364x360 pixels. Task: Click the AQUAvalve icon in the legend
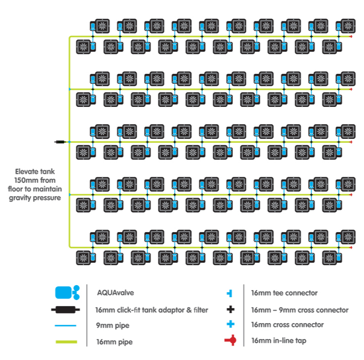click(x=67, y=293)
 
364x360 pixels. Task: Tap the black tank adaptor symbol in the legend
click(x=65, y=310)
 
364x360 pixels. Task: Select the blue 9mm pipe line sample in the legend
click(x=65, y=326)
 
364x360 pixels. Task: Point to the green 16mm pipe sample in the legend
click(x=66, y=342)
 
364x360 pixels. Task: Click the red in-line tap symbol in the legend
click(x=230, y=341)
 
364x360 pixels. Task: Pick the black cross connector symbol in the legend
click(x=230, y=310)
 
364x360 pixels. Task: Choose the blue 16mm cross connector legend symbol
click(x=230, y=324)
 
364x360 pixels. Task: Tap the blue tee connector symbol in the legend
click(x=229, y=293)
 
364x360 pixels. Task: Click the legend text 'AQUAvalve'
click(x=115, y=293)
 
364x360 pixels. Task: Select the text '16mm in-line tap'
click(x=279, y=341)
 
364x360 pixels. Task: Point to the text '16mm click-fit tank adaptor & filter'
click(x=152, y=310)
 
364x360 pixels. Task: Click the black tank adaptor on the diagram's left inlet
click(x=60, y=142)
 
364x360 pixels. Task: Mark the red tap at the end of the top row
click(x=351, y=36)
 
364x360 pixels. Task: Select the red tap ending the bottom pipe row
click(x=351, y=248)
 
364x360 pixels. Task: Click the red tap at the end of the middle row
click(x=351, y=142)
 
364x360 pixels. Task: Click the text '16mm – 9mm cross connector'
click(x=300, y=310)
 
